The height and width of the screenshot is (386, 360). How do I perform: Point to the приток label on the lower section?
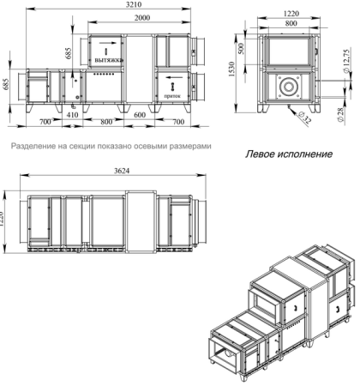[x=172, y=98]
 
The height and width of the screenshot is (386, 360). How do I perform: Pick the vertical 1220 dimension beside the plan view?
[x=4, y=214]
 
